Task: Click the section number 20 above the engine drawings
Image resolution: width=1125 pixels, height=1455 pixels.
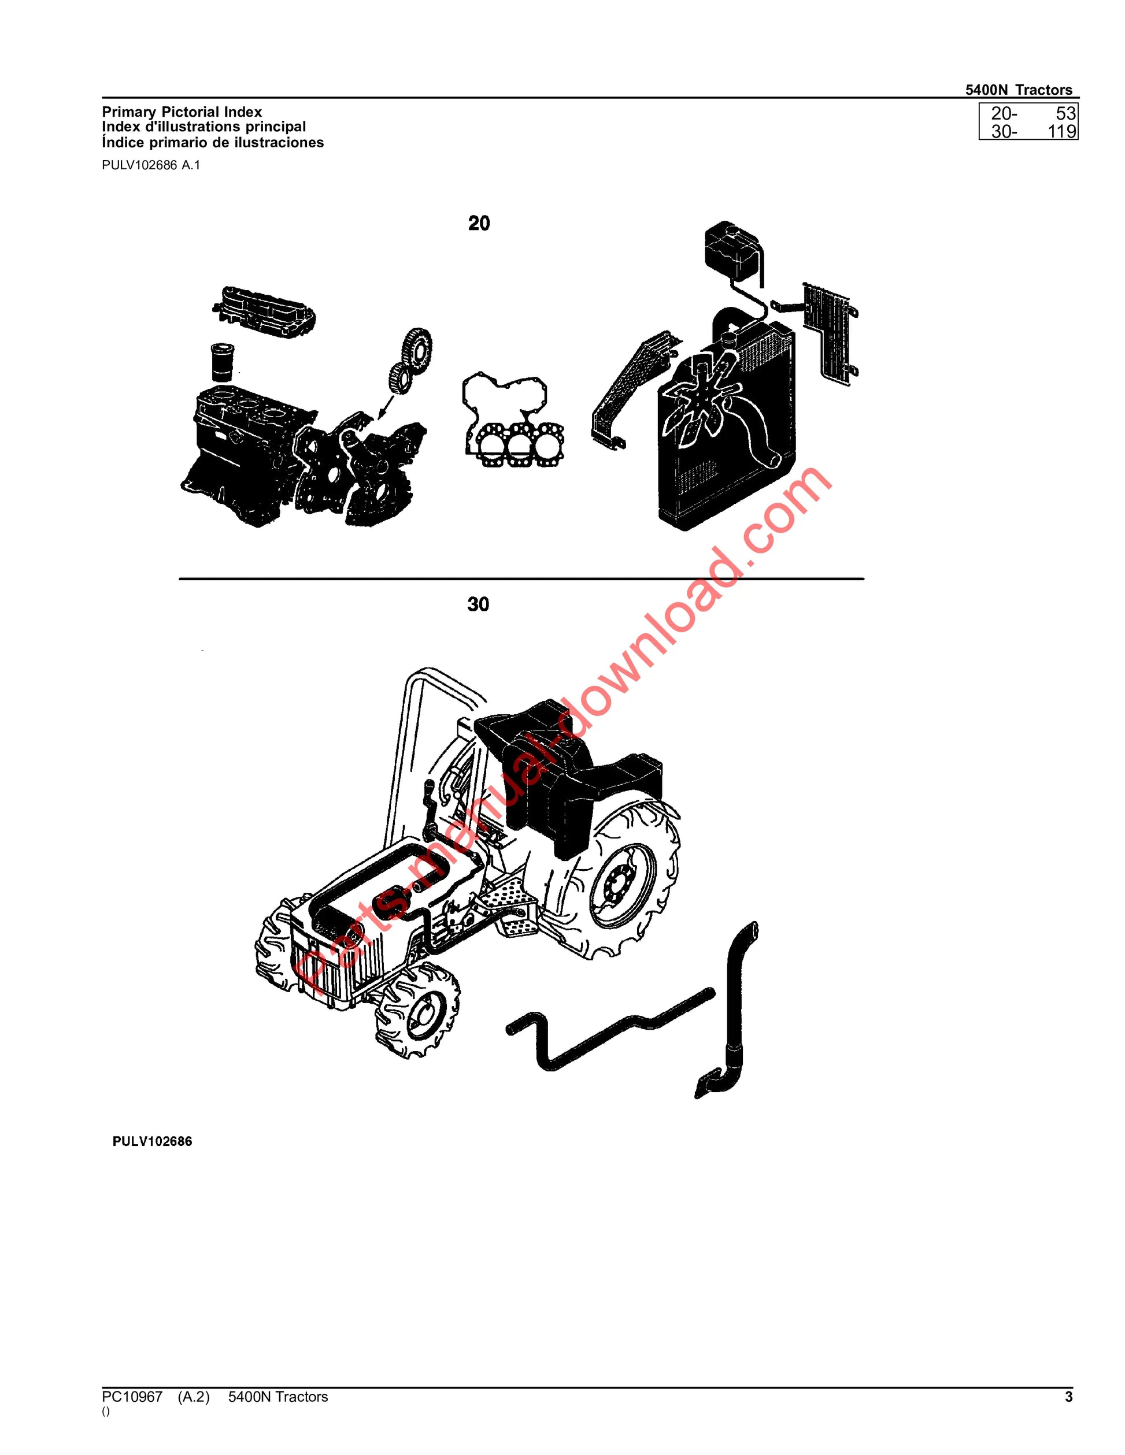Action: pyautogui.click(x=479, y=223)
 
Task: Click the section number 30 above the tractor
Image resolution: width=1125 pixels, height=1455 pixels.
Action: pyautogui.click(x=478, y=604)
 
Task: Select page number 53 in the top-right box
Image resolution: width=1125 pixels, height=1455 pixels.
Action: pyautogui.click(x=1065, y=114)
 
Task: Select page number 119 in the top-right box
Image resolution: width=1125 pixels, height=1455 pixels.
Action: pyautogui.click(x=1061, y=131)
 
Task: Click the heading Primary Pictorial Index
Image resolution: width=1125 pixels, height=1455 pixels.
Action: pyautogui.click(x=182, y=112)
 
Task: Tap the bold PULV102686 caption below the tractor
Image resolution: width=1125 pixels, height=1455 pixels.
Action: pyautogui.click(x=152, y=1141)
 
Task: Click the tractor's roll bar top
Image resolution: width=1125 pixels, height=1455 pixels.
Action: pyautogui.click(x=433, y=676)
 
